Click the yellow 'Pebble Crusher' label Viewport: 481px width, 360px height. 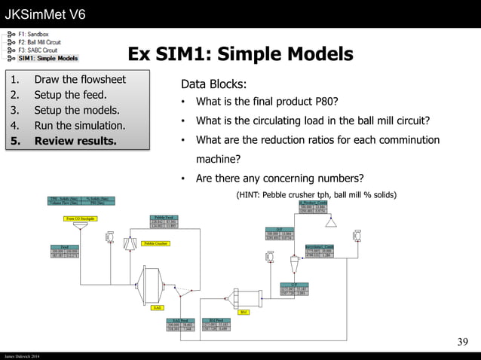pos(155,243)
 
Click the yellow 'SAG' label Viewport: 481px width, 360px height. pos(157,308)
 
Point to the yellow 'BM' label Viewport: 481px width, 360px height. pos(243,311)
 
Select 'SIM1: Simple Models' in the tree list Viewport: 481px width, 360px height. pos(48,58)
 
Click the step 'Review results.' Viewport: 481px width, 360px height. pos(75,141)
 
